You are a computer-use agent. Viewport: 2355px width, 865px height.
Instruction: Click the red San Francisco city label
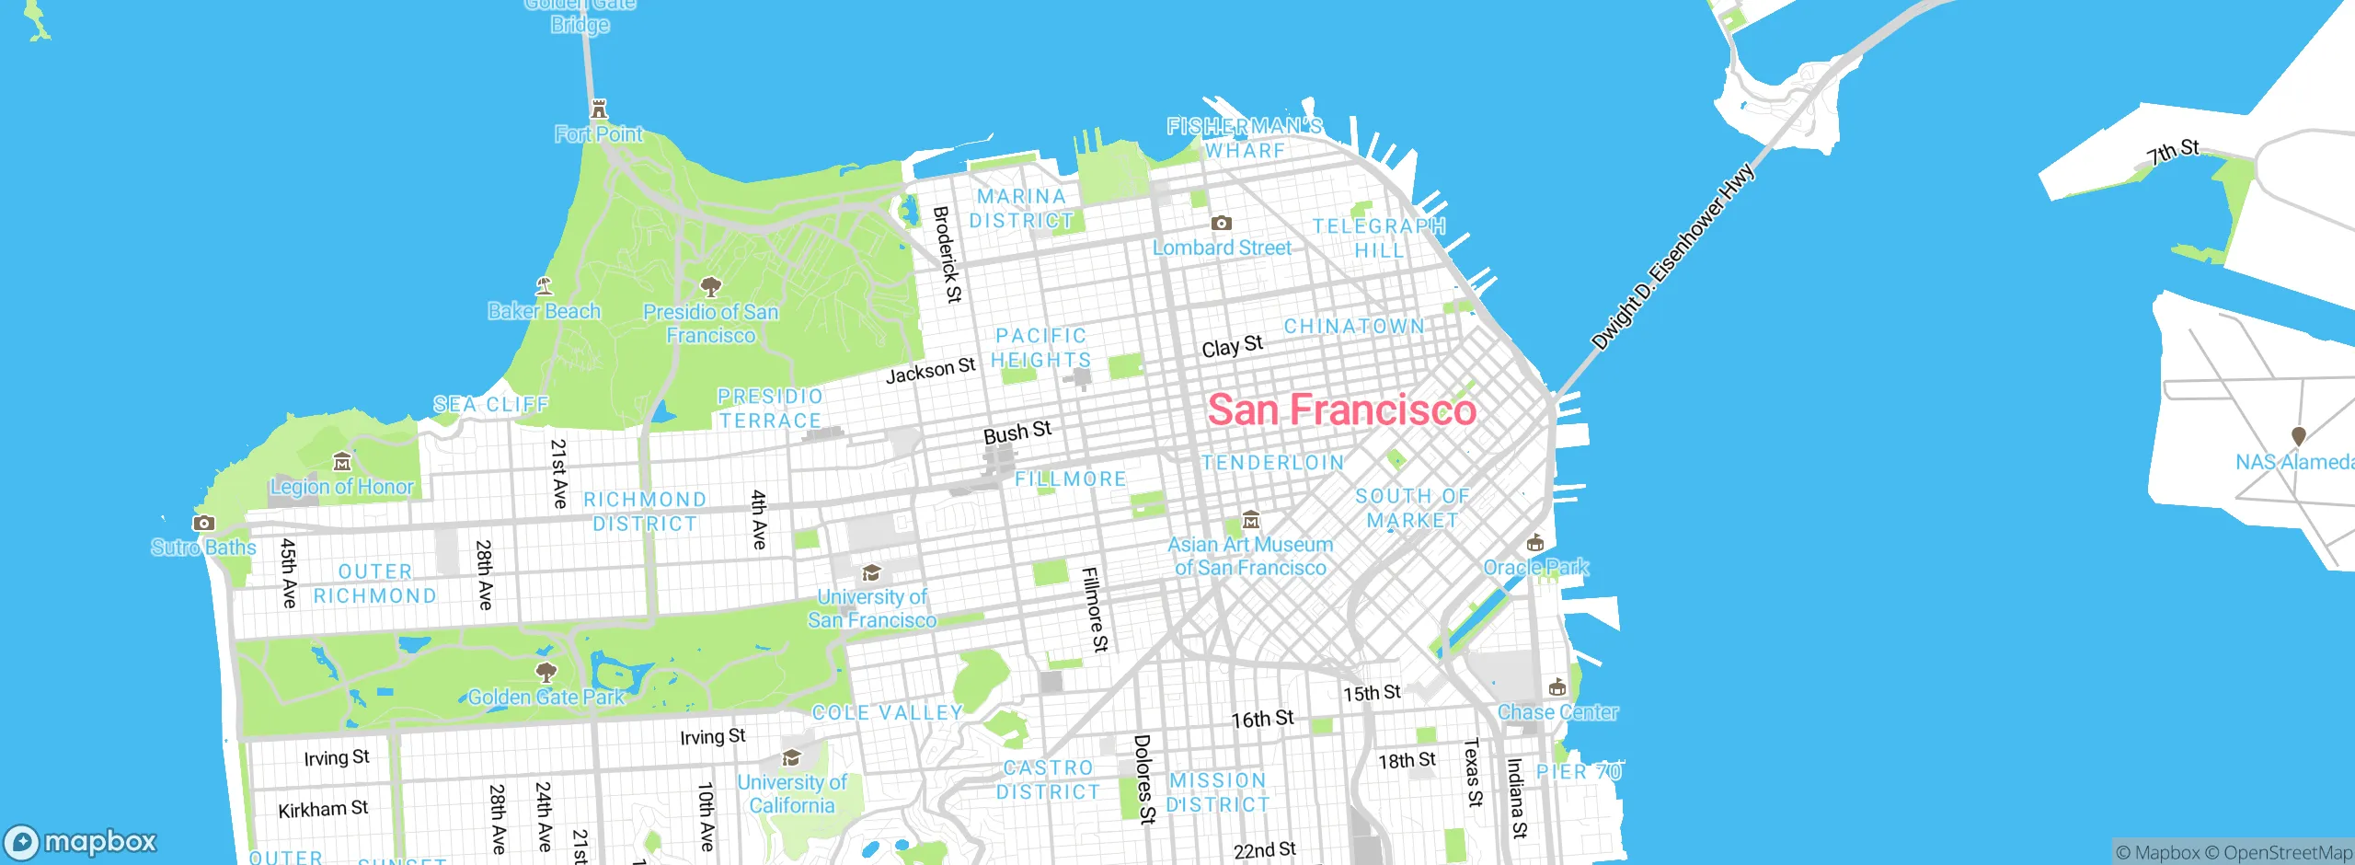(x=1341, y=409)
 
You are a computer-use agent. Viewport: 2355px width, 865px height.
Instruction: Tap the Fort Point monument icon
(x=599, y=110)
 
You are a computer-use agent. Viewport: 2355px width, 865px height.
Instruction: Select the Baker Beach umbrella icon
(x=544, y=286)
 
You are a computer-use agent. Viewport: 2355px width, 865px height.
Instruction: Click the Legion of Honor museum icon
(x=342, y=461)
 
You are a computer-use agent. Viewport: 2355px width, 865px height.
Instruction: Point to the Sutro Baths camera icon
(x=203, y=523)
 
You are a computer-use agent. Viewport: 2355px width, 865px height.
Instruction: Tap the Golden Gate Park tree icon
(x=546, y=672)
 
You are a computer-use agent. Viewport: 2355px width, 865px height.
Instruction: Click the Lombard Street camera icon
(x=1221, y=223)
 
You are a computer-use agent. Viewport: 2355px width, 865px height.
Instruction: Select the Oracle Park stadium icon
(x=1534, y=543)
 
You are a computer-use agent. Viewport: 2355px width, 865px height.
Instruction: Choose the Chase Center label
(x=1557, y=712)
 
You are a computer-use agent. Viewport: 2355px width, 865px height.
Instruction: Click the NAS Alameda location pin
(x=2298, y=436)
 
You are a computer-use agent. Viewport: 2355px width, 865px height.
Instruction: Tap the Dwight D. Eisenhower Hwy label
(x=1672, y=259)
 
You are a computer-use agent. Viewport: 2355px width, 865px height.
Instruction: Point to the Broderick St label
(x=948, y=254)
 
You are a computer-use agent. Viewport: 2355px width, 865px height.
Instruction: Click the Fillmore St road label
(x=1095, y=609)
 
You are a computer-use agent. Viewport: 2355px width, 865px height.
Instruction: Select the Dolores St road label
(x=1143, y=778)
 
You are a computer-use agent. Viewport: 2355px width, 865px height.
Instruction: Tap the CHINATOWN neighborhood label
(x=1354, y=327)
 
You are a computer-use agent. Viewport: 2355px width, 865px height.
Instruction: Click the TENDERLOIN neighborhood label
(x=1273, y=463)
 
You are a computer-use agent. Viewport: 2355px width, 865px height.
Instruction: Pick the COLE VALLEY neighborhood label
(x=888, y=712)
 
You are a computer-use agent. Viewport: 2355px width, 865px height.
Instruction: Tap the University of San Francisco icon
(x=870, y=573)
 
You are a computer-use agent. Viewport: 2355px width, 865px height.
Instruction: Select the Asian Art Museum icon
(x=1250, y=520)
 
